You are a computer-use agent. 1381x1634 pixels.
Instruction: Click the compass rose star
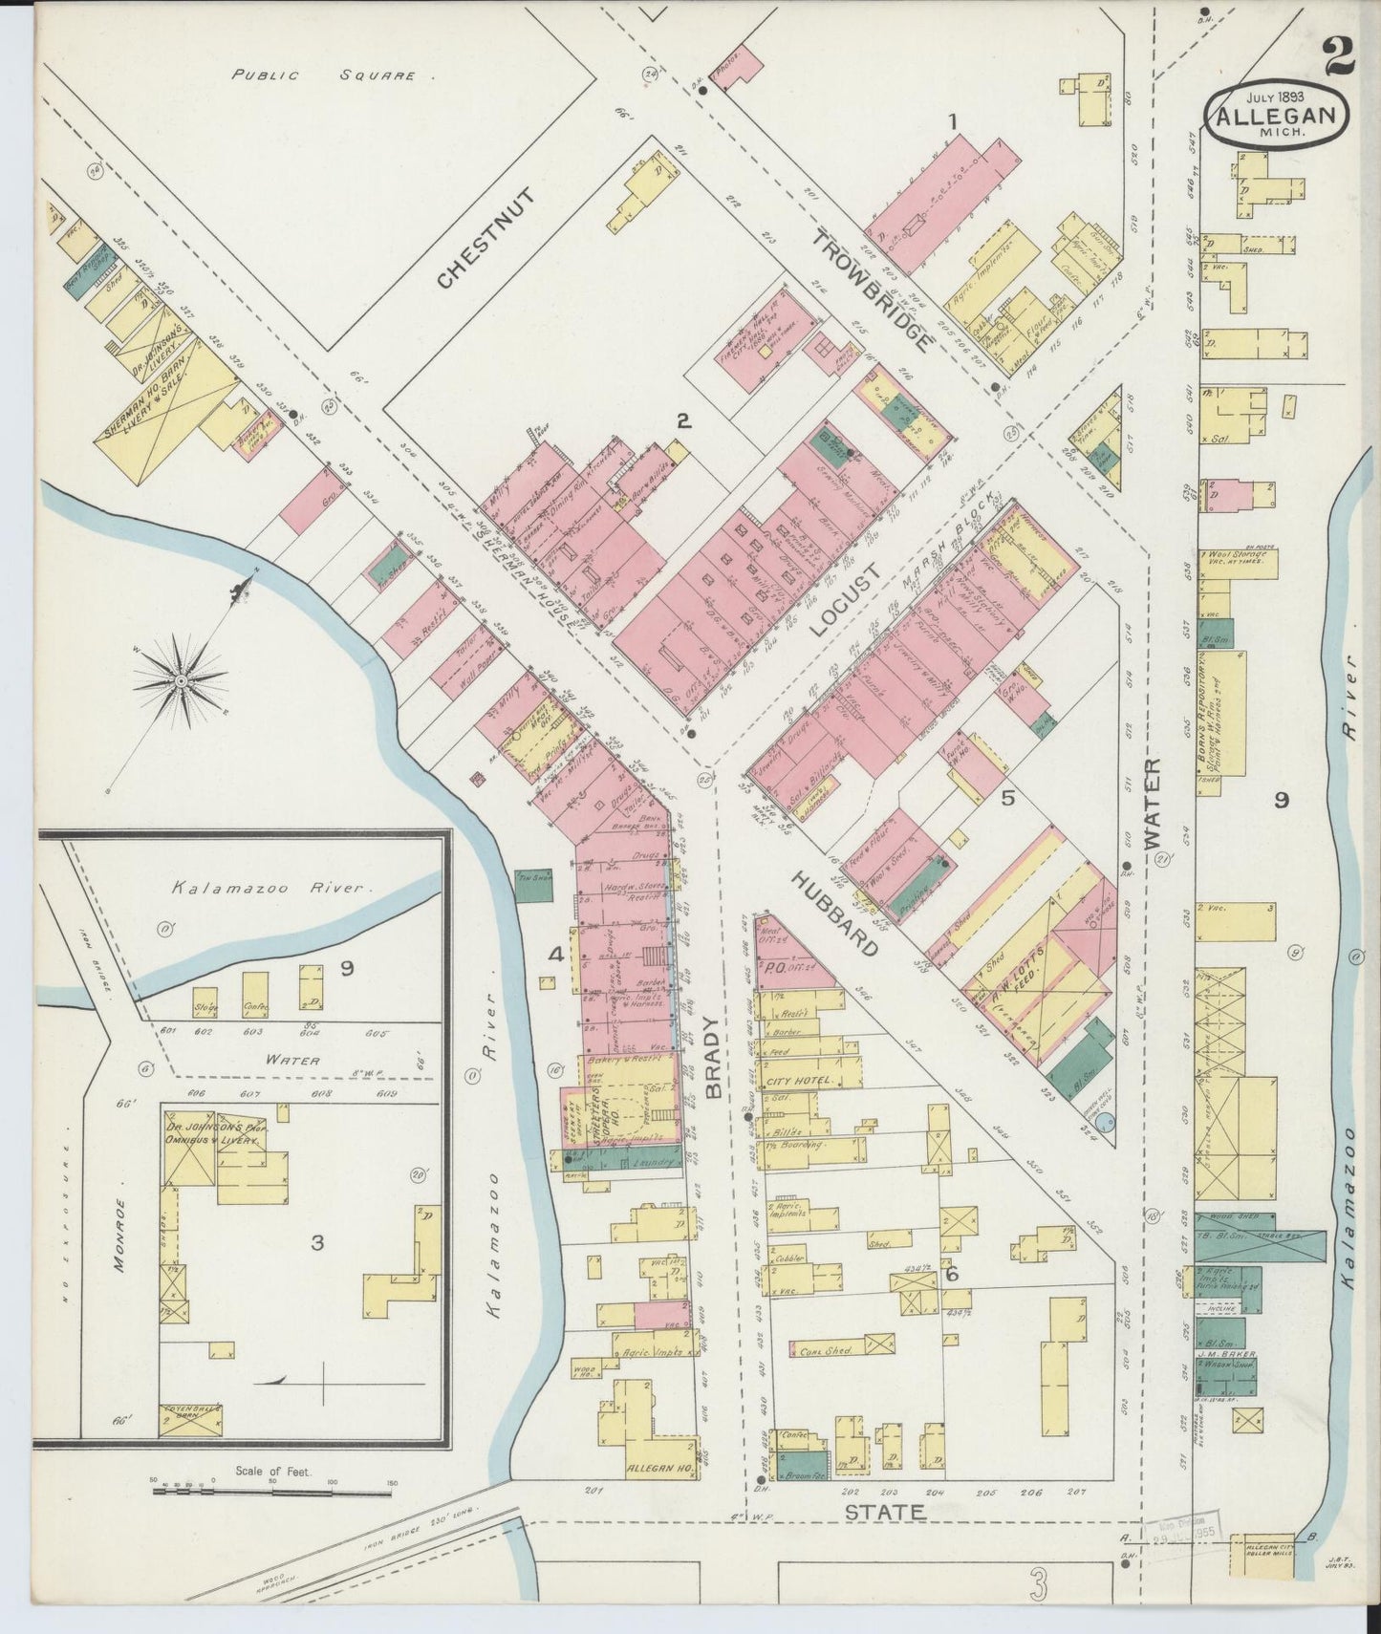tap(180, 680)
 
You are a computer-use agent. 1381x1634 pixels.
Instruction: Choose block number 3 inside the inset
tap(317, 1243)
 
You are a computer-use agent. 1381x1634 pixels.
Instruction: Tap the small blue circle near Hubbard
tap(1106, 1122)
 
